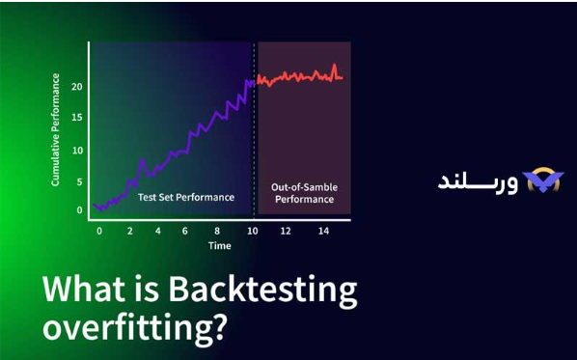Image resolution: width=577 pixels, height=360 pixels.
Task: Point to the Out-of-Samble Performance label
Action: click(x=304, y=193)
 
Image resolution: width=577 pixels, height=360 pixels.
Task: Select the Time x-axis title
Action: click(x=220, y=246)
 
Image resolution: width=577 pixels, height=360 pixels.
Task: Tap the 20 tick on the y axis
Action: click(x=77, y=87)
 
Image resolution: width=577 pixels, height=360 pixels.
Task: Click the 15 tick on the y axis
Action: click(x=77, y=118)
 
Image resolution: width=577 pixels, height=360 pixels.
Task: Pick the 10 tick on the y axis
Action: click(x=77, y=149)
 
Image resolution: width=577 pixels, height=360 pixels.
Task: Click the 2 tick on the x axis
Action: click(x=129, y=232)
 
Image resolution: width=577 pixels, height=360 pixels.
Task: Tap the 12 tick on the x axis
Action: click(x=287, y=232)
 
